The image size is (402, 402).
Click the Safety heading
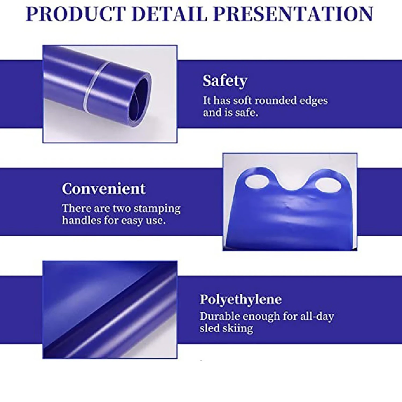tap(225, 81)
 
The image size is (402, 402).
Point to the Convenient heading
tap(104, 189)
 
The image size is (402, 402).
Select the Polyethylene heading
tap(241, 299)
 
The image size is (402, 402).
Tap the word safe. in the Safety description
tap(247, 113)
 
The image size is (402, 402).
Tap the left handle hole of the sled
tap(257, 181)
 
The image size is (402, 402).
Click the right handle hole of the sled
tap(328, 185)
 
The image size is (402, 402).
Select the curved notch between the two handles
tap(292, 187)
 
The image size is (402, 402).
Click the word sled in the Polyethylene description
tap(209, 328)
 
